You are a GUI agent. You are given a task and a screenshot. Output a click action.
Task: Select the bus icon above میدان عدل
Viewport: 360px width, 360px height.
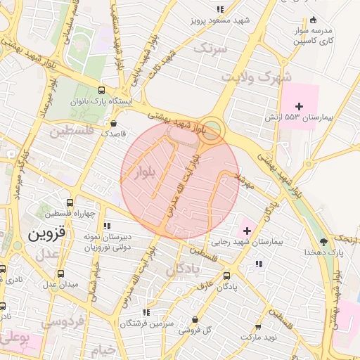[60, 274]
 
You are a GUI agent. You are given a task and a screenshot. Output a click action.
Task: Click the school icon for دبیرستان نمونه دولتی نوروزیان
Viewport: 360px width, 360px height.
[107, 226]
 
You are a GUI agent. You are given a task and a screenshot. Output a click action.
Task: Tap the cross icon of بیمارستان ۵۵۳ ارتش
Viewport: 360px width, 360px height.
[300, 105]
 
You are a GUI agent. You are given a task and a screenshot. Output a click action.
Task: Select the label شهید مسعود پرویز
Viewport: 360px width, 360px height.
[220, 21]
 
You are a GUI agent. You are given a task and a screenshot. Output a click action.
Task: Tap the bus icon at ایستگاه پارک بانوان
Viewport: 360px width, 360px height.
[103, 91]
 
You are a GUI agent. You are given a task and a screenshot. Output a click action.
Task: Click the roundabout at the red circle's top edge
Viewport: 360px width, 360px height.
[212, 129]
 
